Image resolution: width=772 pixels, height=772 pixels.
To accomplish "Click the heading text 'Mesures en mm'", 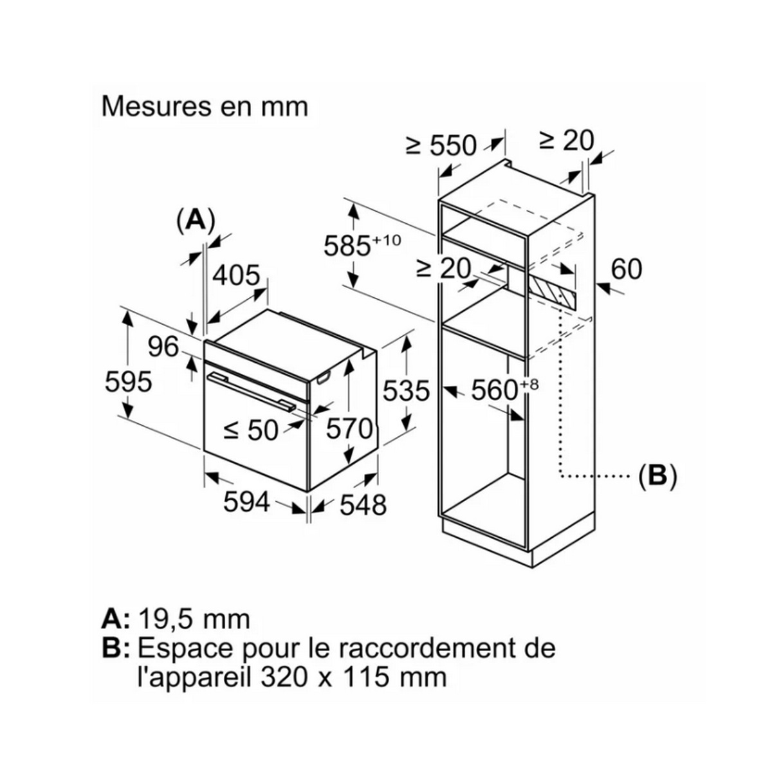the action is pyautogui.click(x=205, y=107).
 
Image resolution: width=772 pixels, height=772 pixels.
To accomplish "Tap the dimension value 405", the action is pyautogui.click(x=236, y=275).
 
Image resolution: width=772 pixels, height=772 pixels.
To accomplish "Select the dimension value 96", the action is pyautogui.click(x=163, y=346).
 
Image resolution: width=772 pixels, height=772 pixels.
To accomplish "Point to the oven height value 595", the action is pyautogui.click(x=128, y=381).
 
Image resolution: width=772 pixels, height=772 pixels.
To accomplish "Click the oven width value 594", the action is pyautogui.click(x=246, y=502).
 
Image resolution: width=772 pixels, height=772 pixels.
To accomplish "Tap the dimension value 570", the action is pyautogui.click(x=349, y=429).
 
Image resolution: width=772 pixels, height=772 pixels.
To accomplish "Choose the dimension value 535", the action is pyautogui.click(x=406, y=391).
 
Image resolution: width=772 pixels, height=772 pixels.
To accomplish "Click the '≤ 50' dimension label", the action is pyautogui.click(x=251, y=431).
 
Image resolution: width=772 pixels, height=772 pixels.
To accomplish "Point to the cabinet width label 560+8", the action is pyautogui.click(x=504, y=389).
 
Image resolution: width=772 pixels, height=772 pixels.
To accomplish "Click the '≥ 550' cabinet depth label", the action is pyautogui.click(x=441, y=145).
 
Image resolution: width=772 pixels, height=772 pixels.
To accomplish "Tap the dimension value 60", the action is pyautogui.click(x=627, y=269).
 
